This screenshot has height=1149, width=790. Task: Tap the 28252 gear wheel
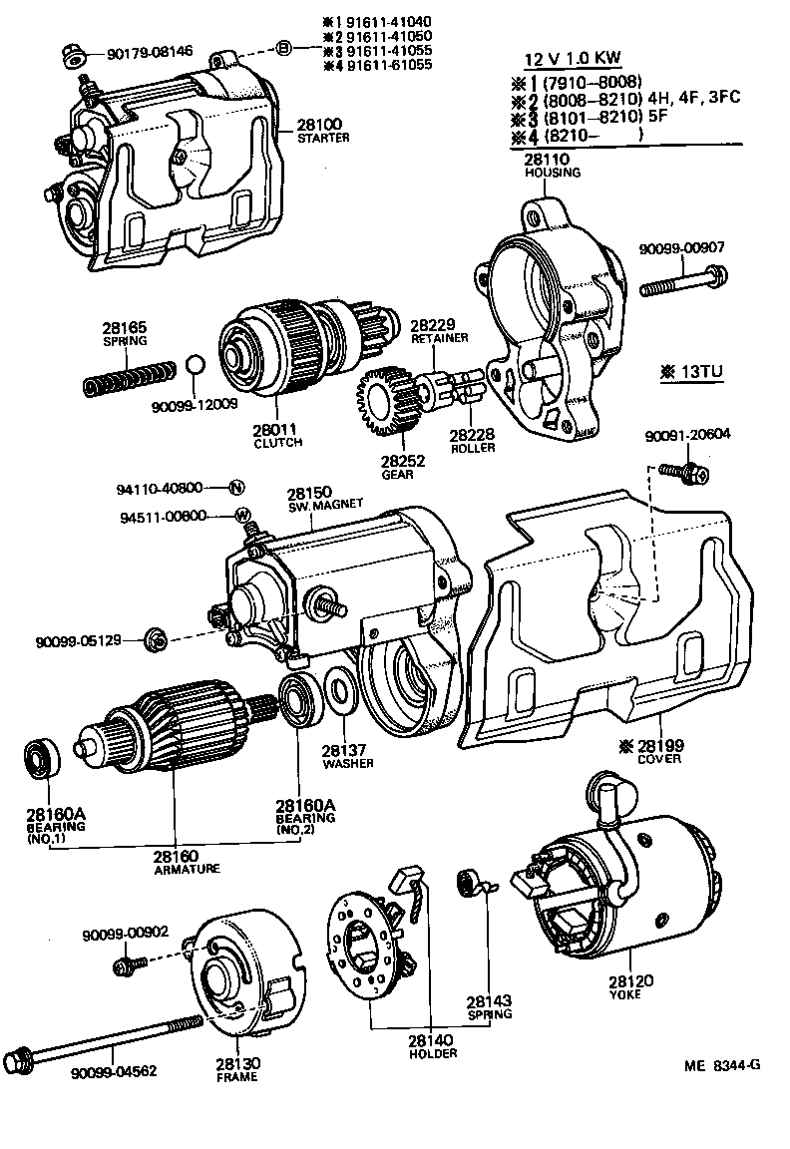(x=383, y=403)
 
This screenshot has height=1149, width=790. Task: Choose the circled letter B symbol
(x=284, y=48)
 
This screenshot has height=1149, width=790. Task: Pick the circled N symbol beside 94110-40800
(x=236, y=488)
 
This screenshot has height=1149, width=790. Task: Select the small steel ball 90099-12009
(x=197, y=365)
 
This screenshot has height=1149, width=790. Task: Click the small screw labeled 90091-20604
(x=693, y=473)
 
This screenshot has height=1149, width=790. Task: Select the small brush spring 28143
(x=468, y=884)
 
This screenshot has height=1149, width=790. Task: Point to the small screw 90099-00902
(x=128, y=963)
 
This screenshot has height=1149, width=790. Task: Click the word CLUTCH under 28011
(x=278, y=442)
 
